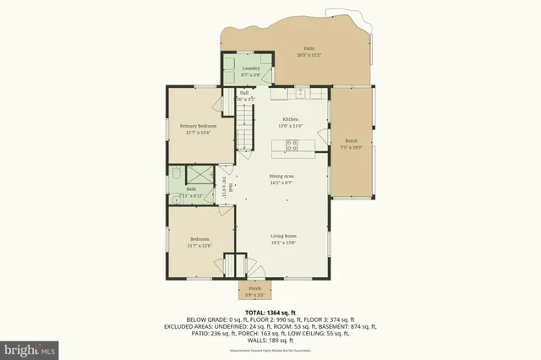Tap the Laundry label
(x=250, y=68)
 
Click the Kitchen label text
(x=291, y=120)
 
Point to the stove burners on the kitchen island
(x=292, y=145)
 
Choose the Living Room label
(x=283, y=236)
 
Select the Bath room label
(x=191, y=189)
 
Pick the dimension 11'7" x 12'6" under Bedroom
(x=200, y=246)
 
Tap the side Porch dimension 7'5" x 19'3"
(x=352, y=147)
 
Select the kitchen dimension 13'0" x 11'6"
(x=291, y=126)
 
